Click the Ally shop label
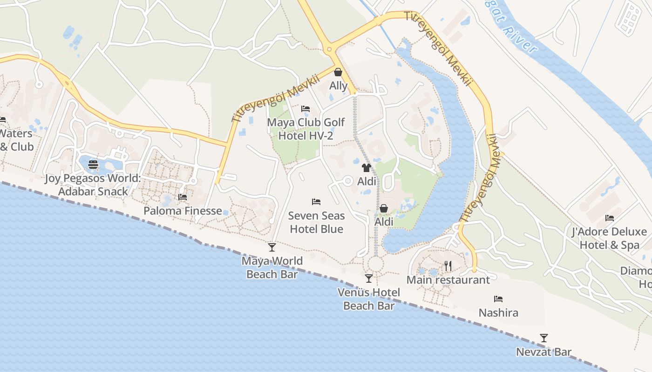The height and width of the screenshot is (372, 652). pyautogui.click(x=338, y=86)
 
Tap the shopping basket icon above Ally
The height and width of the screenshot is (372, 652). pyautogui.click(x=338, y=72)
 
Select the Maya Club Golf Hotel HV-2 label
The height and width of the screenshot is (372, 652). pyautogui.click(x=306, y=129)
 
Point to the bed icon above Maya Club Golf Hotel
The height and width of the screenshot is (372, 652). pyautogui.click(x=306, y=109)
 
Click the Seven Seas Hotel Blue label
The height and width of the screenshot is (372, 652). pyautogui.click(x=316, y=222)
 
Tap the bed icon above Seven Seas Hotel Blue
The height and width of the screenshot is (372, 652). pyautogui.click(x=316, y=202)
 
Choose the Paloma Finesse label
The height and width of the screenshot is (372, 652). pyautogui.click(x=183, y=211)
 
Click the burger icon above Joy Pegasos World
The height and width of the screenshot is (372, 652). pyautogui.click(x=93, y=164)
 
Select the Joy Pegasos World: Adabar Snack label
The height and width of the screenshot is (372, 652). pyautogui.click(x=93, y=185)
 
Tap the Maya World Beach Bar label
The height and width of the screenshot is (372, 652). pyautogui.click(x=272, y=267)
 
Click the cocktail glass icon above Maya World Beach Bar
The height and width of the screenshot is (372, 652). pyautogui.click(x=272, y=247)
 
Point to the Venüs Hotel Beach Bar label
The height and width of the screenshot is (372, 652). pyautogui.click(x=368, y=299)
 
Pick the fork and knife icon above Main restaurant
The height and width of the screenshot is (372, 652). pyautogui.click(x=448, y=266)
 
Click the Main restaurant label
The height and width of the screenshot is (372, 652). pyautogui.click(x=448, y=280)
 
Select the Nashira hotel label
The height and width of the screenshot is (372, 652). pyautogui.click(x=498, y=312)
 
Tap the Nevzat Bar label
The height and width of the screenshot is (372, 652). pyautogui.click(x=543, y=352)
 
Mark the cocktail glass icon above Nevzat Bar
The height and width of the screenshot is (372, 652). pyautogui.click(x=543, y=338)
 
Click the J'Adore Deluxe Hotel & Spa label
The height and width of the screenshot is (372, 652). pyautogui.click(x=609, y=238)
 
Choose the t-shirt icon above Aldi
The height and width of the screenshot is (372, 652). pyautogui.click(x=367, y=168)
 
